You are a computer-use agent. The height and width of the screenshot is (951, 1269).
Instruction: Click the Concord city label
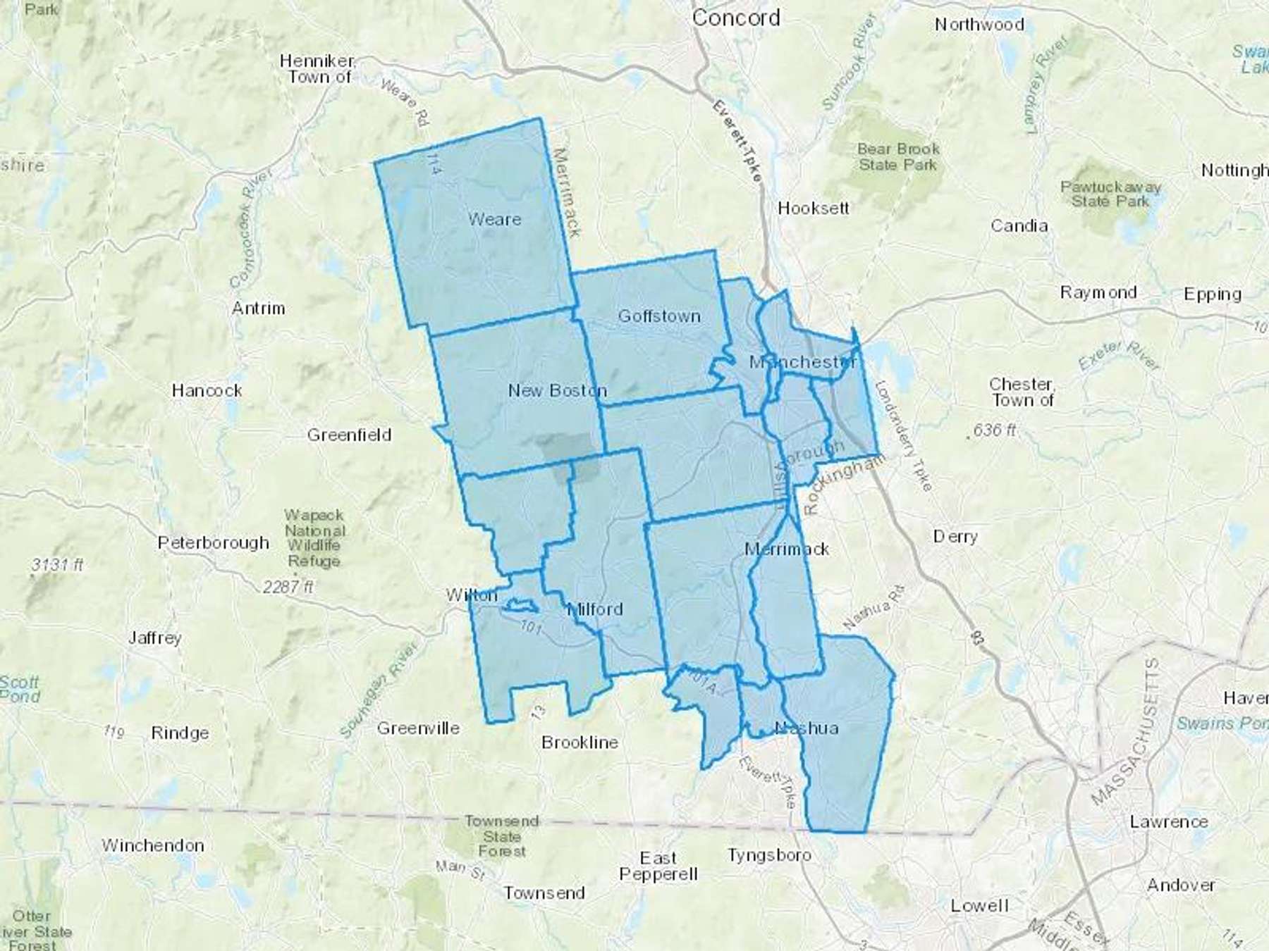(736, 18)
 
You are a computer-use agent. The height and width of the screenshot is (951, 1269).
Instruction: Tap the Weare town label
(494, 220)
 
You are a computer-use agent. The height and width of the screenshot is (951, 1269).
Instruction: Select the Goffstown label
(659, 316)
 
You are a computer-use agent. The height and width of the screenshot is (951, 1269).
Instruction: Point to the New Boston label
(557, 390)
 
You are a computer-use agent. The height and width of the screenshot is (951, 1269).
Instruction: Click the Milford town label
(596, 609)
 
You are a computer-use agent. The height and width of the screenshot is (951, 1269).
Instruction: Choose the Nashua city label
(807, 728)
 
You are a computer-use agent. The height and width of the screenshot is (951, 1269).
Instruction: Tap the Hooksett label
(813, 209)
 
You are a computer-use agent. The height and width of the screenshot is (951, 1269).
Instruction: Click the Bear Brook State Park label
(898, 157)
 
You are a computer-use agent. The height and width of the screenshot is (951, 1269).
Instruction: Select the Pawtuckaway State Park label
(1110, 194)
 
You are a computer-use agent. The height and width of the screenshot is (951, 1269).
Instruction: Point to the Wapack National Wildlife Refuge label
(314, 538)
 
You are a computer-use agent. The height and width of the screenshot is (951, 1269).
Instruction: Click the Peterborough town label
(213, 543)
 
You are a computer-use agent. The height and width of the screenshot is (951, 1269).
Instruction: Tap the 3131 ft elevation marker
(57, 565)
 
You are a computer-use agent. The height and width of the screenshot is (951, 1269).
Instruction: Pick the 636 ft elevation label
(994, 430)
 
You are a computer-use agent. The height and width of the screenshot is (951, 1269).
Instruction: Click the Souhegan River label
(379, 690)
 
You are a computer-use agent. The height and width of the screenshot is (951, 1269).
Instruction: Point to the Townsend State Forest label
(502, 836)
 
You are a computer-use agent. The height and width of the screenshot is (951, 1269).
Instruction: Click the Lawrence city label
(1169, 821)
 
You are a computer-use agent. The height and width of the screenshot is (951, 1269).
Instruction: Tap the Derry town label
(955, 537)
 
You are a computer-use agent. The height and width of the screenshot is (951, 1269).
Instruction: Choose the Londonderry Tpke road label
(903, 437)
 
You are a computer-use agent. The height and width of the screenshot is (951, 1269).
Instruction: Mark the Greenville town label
(418, 728)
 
